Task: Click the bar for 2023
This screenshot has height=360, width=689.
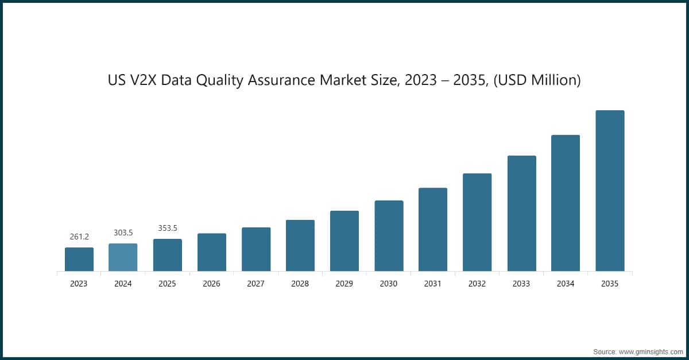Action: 79,259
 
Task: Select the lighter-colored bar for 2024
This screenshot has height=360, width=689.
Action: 123,257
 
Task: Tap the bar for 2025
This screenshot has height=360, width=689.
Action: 167,255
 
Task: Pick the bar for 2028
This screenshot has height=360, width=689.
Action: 300,245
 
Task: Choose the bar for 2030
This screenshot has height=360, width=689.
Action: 389,235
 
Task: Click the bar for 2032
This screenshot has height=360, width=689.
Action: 477,222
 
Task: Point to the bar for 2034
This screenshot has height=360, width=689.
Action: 566,203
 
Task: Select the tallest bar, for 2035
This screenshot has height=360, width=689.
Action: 610,191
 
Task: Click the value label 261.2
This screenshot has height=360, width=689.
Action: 79,237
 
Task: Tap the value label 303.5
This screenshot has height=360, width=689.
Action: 123,233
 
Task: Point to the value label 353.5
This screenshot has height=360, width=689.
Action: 167,228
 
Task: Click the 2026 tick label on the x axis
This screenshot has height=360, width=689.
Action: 211,284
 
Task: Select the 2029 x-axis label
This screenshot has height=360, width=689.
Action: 344,284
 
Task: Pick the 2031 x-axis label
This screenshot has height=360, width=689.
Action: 433,284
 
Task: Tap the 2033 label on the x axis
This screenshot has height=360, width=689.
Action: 521,284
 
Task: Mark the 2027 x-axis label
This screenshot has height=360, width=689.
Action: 256,284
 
